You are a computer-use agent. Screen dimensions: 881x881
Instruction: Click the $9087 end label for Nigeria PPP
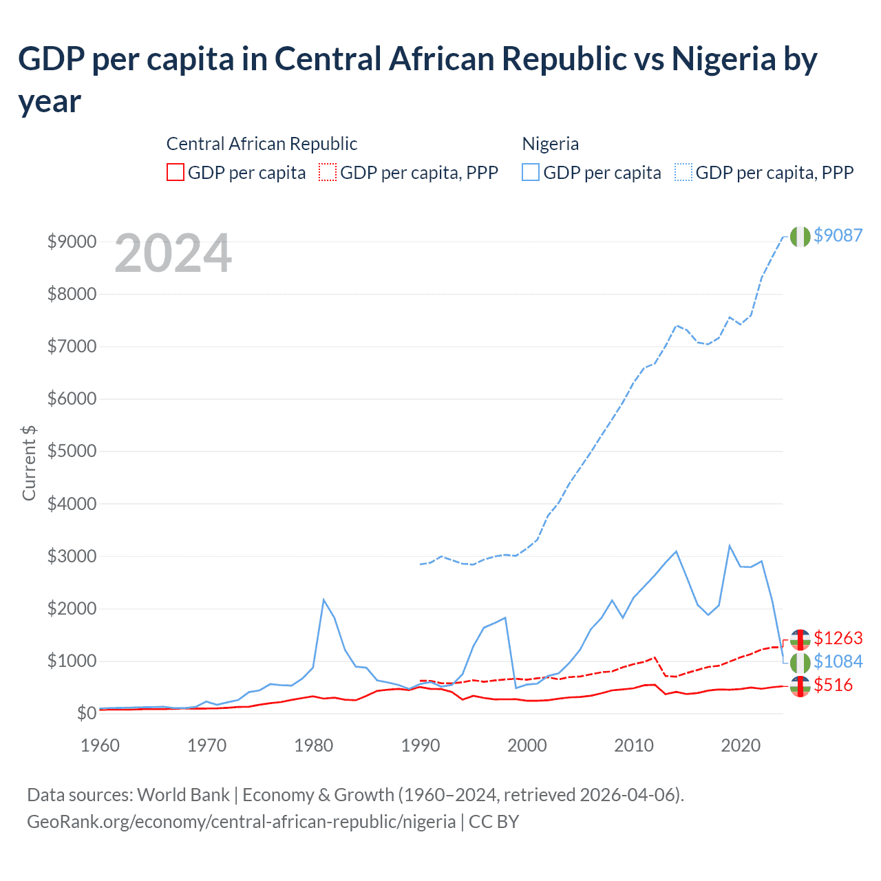[x=838, y=235]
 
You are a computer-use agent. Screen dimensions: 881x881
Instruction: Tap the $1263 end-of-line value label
[x=838, y=638]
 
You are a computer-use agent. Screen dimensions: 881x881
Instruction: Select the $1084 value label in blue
[x=838, y=661]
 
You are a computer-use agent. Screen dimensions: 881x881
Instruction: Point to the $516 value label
[x=833, y=686]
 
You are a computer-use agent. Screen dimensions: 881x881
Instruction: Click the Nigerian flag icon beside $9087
[x=800, y=236]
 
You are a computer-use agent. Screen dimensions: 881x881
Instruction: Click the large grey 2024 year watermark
[x=173, y=253]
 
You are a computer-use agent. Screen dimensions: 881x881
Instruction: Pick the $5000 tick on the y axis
[x=72, y=452]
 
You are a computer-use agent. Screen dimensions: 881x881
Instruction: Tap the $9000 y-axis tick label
[x=72, y=242]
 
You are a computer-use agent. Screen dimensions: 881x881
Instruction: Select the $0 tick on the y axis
[x=86, y=713]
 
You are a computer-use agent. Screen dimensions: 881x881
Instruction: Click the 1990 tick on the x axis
[x=421, y=745]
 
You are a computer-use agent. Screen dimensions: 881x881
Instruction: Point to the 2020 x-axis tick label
[x=741, y=745]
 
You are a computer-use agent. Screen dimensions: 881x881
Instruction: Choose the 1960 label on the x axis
[x=100, y=745]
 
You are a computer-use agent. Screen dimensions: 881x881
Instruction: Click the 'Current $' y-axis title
[x=29, y=463]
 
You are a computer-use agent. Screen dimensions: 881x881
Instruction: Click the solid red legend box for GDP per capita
[x=176, y=172]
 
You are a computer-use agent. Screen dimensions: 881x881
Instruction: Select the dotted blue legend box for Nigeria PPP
[x=683, y=172]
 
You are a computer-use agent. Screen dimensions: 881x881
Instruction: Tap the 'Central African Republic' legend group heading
[x=262, y=144]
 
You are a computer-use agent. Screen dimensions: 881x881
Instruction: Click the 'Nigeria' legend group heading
[x=550, y=144]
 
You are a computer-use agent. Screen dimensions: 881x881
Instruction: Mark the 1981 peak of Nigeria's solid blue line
[x=323, y=600]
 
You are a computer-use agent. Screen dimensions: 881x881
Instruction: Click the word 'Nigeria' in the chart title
[x=723, y=59]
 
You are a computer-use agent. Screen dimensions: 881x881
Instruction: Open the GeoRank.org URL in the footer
[x=241, y=822]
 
